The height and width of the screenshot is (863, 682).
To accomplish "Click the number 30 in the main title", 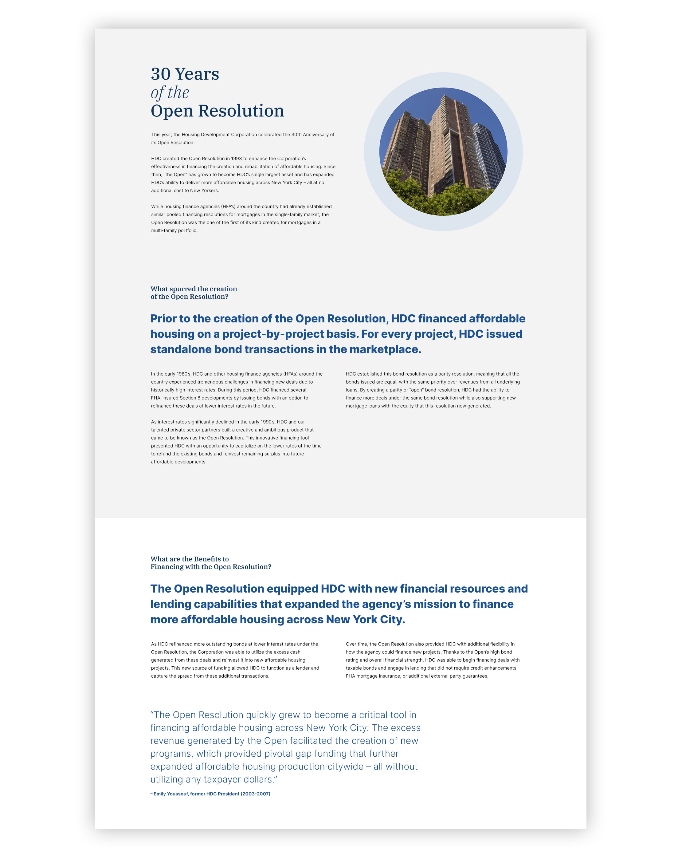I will pos(161,74).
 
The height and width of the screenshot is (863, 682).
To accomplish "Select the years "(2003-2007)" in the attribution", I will pos(255,794).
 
